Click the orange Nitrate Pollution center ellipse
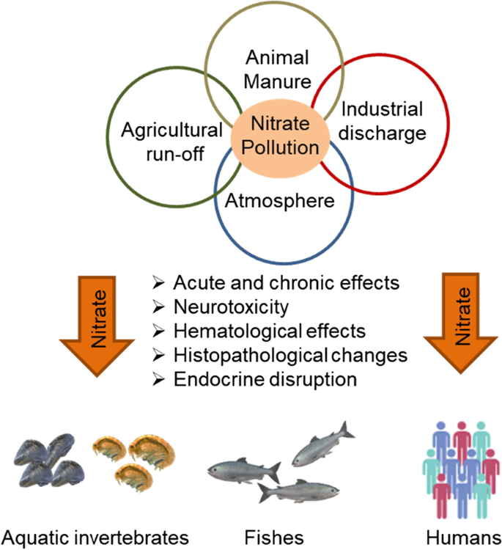click(x=276, y=136)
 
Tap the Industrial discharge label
click(x=383, y=122)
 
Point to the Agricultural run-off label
click(x=171, y=142)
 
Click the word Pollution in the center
click(x=276, y=147)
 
